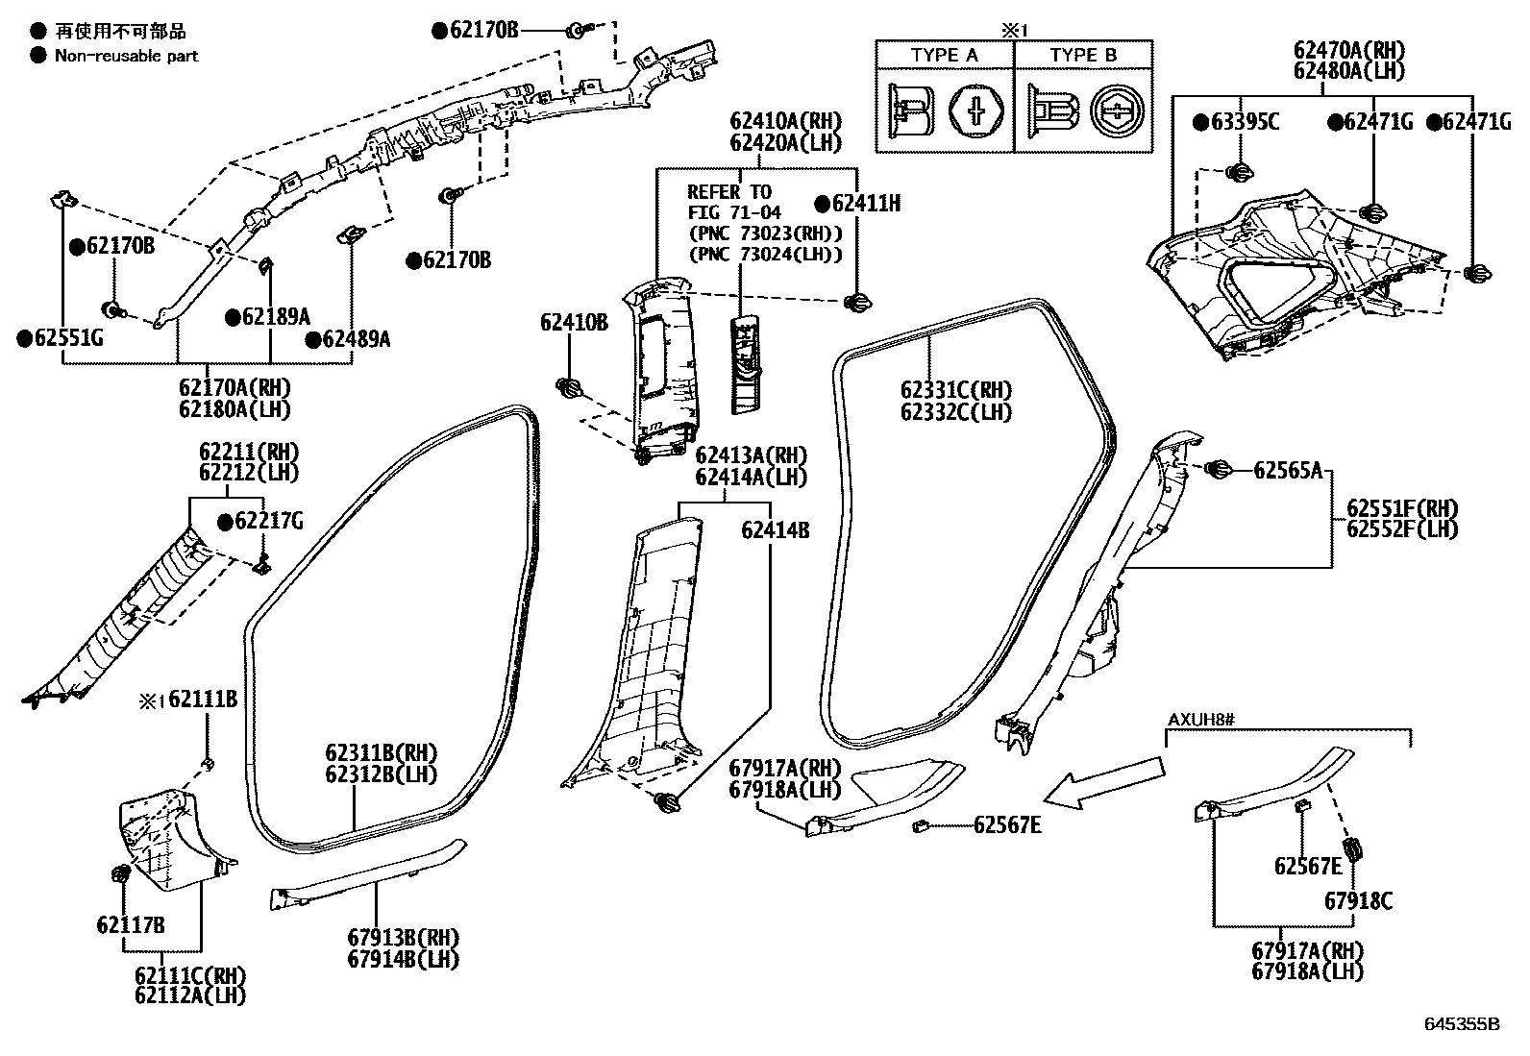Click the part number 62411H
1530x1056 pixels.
pos(866,204)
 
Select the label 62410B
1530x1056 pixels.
pos(573,324)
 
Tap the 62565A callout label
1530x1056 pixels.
pos(1288,470)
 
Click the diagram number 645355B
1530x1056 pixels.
pos(1461,1024)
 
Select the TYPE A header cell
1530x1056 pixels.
pos(944,56)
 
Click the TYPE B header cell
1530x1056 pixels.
pos(1083,56)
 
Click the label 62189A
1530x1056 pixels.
pos(275,316)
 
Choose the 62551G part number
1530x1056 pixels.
pos(68,338)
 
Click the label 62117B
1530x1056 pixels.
pos(130,924)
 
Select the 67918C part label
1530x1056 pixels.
pos(1358,900)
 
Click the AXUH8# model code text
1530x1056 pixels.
pos(1202,720)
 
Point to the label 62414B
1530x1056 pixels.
pos(775,529)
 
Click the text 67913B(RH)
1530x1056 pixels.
pos(403,937)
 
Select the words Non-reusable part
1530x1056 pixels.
pos(126,56)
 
